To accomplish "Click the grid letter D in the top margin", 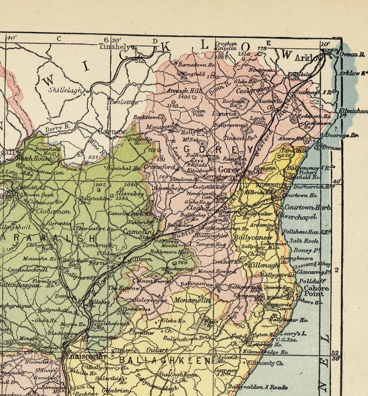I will pyautogui.click(x=155, y=40).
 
